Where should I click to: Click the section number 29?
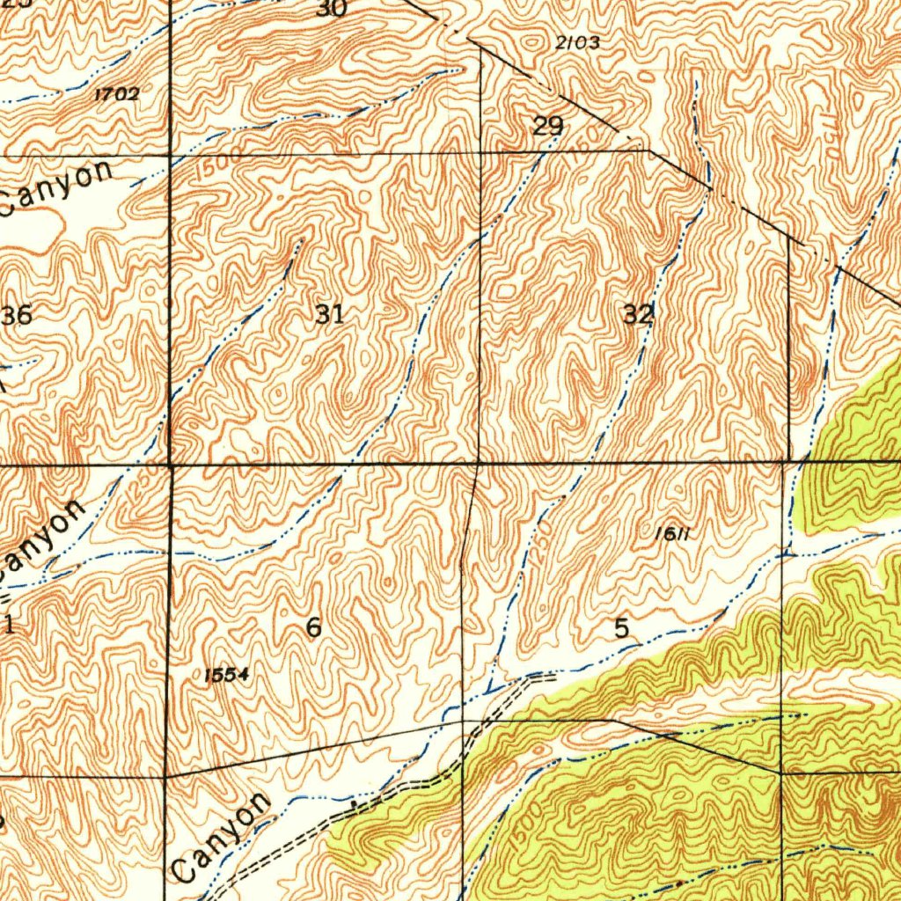click(547, 127)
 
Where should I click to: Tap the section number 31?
click(330, 313)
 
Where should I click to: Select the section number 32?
click(638, 314)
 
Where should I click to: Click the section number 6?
click(313, 627)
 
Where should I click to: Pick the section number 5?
click(621, 628)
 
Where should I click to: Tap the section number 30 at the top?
click(332, 9)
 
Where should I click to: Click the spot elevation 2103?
click(578, 42)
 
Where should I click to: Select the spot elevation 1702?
click(116, 93)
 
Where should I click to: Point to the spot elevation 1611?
click(671, 533)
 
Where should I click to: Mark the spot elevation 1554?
click(226, 675)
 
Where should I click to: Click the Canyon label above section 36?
click(57, 187)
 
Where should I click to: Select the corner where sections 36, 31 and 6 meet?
click(170, 461)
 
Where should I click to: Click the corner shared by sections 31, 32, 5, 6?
click(478, 461)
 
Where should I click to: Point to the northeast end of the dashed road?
click(555, 676)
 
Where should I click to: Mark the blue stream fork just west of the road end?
click(489, 689)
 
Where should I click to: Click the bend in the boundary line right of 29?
click(649, 150)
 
